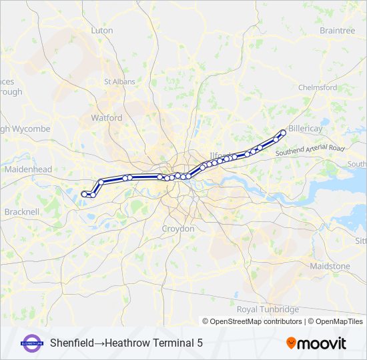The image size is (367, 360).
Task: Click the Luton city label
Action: [102, 31]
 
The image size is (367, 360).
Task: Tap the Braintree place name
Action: [337, 31]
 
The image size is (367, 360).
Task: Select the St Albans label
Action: [119, 82]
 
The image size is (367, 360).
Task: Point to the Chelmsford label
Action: [318, 87]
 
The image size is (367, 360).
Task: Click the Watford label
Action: [107, 118]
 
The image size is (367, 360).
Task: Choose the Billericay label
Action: [306, 128]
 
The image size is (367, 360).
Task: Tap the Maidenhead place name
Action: [28, 170]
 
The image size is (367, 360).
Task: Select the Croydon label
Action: [178, 229]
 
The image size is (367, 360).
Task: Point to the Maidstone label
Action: [330, 266]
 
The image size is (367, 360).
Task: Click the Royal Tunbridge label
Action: [268, 309]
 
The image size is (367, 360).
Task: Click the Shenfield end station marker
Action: [283, 133]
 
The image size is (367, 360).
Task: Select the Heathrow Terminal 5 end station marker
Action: [84, 194]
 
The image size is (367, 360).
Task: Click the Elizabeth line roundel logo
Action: [33, 343]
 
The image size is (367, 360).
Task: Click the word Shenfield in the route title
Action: [71, 343]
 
